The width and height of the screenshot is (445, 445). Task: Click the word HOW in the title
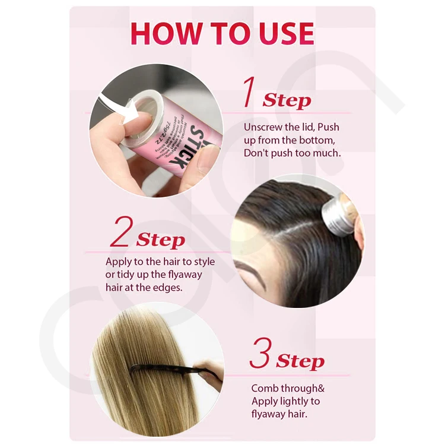tap(158, 33)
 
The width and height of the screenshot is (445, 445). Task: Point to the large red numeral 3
tap(260, 354)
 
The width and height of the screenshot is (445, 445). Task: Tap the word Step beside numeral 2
tap(160, 240)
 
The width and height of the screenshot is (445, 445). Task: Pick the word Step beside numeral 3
tap(300, 361)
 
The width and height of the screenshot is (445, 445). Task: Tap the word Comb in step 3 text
tap(265, 389)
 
